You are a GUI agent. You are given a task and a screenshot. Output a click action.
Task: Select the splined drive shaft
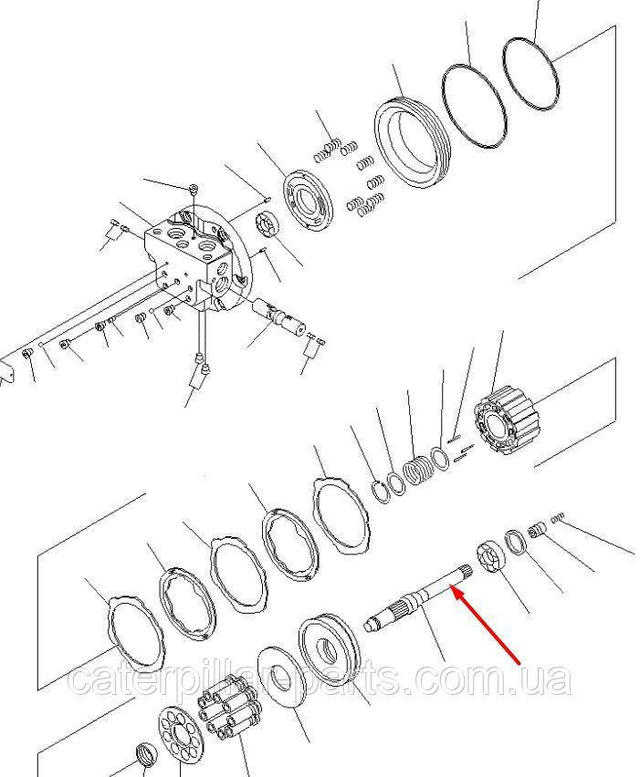(x=418, y=598)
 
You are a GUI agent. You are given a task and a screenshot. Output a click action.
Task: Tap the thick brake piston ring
(x=411, y=141)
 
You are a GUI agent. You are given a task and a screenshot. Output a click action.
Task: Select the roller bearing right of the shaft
(x=492, y=558)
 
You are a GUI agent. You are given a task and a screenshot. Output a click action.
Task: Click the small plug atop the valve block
(x=194, y=189)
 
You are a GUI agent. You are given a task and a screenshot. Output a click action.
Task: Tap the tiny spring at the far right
(x=558, y=517)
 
